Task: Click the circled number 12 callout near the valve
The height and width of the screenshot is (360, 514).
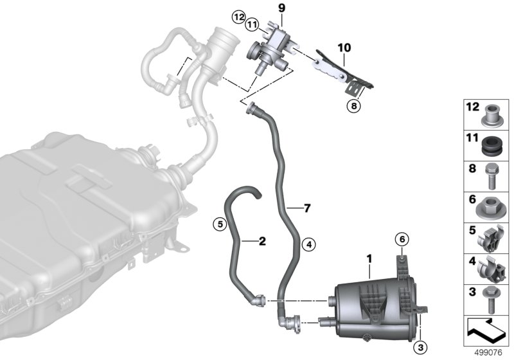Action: click(x=238, y=17)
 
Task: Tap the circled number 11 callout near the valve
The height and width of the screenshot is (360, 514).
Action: click(x=252, y=24)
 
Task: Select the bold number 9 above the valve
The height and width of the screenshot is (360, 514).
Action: click(x=282, y=8)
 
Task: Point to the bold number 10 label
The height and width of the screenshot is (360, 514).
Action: click(x=344, y=48)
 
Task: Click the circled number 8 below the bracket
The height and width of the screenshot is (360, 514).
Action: click(x=354, y=106)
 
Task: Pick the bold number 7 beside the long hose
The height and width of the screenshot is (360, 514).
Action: click(x=307, y=208)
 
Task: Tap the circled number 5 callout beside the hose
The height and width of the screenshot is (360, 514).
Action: click(x=220, y=224)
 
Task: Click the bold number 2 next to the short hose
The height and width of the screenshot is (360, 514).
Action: click(x=262, y=241)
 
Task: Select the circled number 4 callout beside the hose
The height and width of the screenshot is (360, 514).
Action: click(x=308, y=244)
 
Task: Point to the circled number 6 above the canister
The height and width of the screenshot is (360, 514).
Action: click(x=402, y=240)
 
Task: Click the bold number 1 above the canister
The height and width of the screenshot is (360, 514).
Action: click(x=369, y=259)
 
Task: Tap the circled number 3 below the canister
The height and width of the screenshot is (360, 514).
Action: click(x=421, y=346)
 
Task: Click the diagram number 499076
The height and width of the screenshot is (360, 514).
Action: click(x=488, y=353)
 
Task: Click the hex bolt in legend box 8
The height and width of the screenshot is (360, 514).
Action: click(x=491, y=176)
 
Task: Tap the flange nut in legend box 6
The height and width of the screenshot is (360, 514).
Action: click(x=490, y=208)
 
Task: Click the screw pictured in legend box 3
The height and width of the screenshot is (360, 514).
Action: click(x=490, y=300)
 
